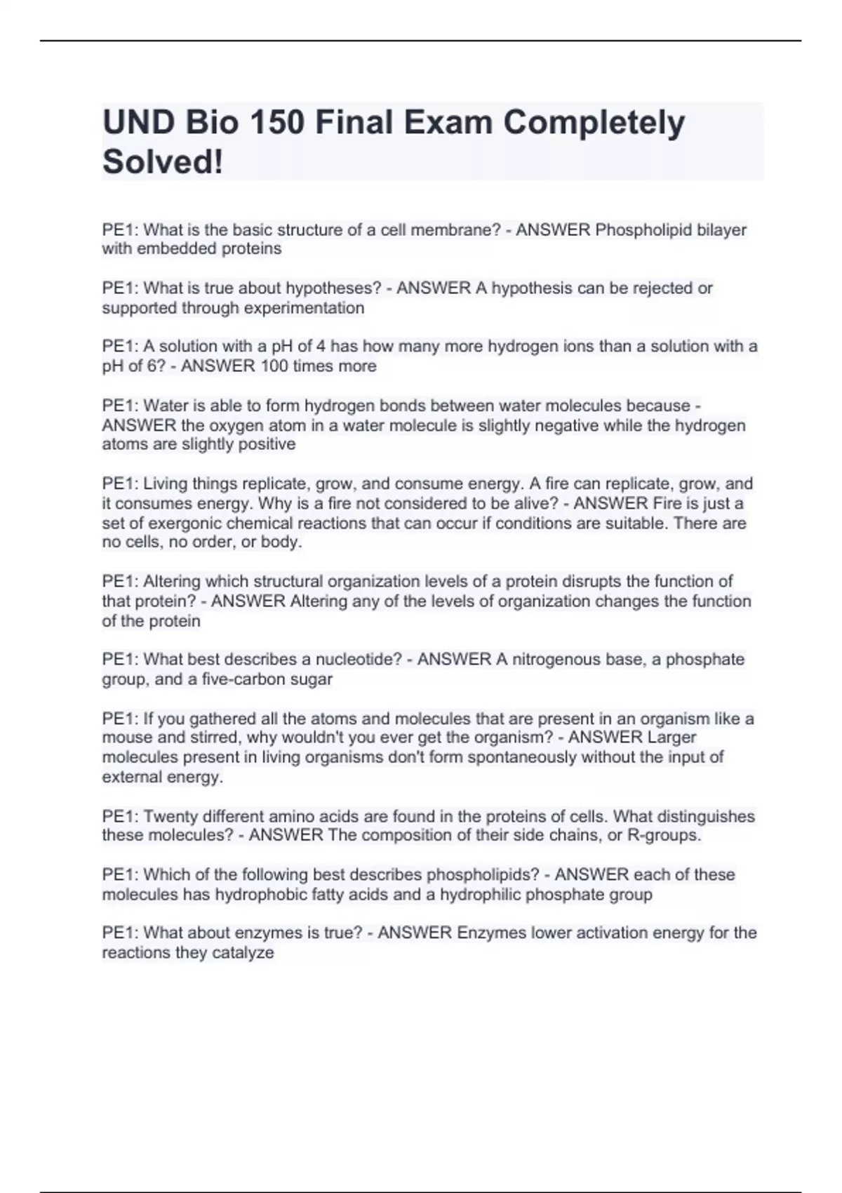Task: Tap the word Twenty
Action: (x=171, y=816)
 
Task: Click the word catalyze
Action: (x=245, y=952)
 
